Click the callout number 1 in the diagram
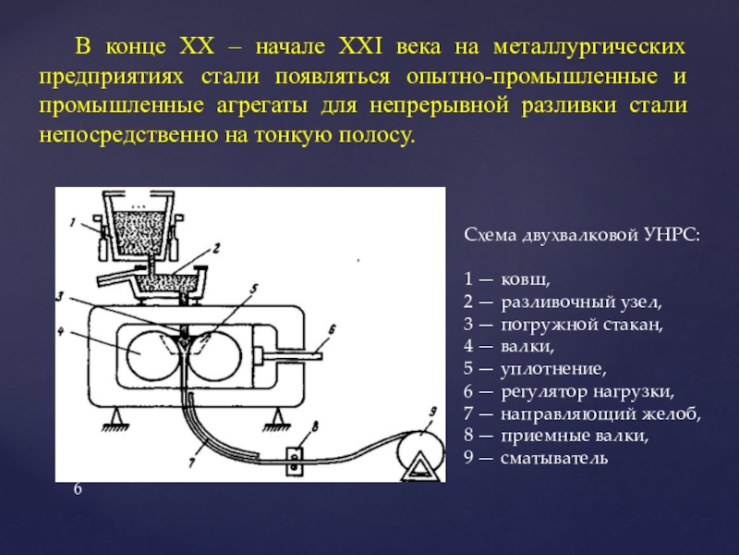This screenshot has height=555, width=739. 73,221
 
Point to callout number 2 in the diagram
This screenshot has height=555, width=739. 216,247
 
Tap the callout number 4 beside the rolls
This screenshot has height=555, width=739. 60,332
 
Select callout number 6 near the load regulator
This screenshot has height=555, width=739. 331,329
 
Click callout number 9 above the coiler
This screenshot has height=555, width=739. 432,412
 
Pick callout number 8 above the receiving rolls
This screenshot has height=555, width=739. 315,427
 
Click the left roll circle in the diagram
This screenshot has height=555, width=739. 151,354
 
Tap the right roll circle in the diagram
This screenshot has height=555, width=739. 214,354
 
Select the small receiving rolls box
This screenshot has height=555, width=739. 295,461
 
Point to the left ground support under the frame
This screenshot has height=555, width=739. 115,419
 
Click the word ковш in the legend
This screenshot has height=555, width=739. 525,279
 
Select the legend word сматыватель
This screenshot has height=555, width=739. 553,458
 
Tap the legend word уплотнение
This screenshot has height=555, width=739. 552,369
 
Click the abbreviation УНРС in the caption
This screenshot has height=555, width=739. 672,235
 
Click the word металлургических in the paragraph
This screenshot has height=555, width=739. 589,48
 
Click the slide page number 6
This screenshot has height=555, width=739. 78,489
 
